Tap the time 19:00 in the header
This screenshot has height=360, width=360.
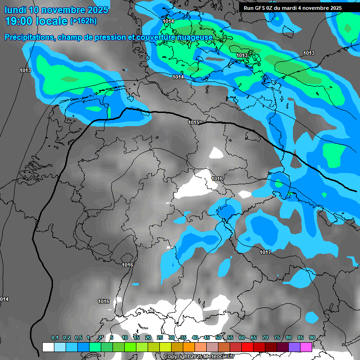pos(19,21)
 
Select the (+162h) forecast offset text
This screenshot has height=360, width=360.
pos(83,21)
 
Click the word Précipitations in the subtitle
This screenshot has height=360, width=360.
pos(29,37)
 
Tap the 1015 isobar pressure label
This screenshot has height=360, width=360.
pos(194,122)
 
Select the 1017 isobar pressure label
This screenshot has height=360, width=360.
pos(265,252)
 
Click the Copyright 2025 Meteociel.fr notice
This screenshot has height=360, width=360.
pos(199,357)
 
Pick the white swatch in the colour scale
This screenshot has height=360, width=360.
pos(48,347)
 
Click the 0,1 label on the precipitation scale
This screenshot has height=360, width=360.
pos(55,338)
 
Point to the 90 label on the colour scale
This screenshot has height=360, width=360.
pos(312,338)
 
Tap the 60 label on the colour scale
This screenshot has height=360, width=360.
pos(242,338)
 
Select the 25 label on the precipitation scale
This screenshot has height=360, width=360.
pos(160,338)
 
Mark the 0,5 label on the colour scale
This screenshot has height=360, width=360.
pos(78,338)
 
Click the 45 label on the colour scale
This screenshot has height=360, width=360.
pos(207,338)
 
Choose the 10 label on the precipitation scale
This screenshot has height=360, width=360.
pos(125,338)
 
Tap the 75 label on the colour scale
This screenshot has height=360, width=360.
pos(277,338)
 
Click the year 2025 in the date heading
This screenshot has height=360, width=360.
pos(97,10)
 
